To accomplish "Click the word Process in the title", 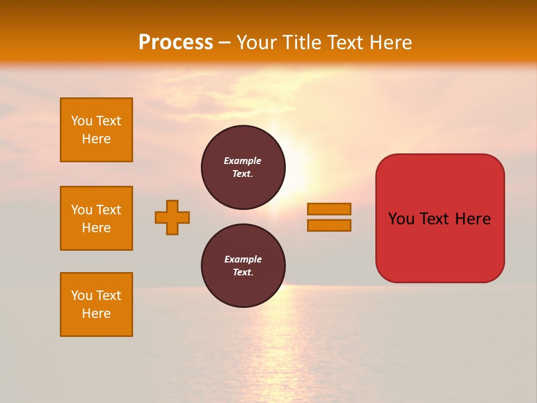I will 176,43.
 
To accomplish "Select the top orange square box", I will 96,130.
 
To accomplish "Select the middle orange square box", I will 96,218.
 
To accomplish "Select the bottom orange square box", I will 96,304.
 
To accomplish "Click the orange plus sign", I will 172,217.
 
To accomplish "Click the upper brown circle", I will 243,167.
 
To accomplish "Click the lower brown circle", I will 243,266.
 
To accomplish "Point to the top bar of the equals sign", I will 329,209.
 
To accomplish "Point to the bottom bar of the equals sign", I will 329,226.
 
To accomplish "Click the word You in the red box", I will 402,219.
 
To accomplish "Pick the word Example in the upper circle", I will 243,161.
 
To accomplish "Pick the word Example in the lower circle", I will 243,259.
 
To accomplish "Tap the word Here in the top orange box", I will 96,139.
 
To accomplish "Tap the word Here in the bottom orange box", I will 96,313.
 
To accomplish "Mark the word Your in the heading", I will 256,43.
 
